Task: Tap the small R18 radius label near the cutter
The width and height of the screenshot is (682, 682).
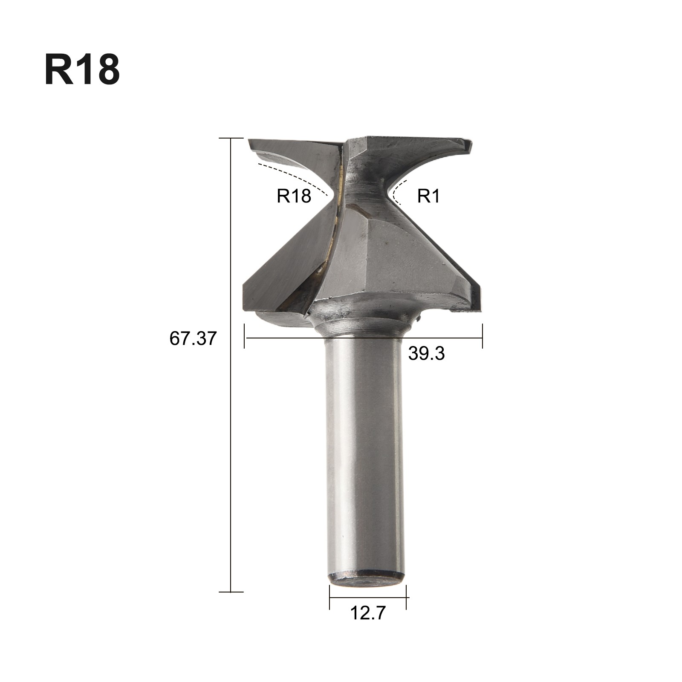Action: coord(294,196)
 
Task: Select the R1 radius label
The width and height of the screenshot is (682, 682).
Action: coord(428,196)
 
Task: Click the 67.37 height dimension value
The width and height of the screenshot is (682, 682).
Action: coord(193,338)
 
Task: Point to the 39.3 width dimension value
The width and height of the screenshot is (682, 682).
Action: coord(426,353)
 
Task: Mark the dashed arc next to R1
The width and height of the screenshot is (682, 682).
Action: coord(396,193)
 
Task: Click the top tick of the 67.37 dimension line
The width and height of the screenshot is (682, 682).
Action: coord(231,139)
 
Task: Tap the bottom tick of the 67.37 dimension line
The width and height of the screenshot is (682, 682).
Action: coord(231,592)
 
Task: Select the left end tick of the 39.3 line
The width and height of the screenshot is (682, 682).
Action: coord(244,337)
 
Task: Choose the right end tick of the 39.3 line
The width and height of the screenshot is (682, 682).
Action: coord(483,337)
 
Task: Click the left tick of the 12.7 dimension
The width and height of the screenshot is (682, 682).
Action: coord(329,597)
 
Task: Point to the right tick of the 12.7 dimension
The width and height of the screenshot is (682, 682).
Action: coord(406,597)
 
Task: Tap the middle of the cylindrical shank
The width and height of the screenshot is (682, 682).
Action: coord(364,456)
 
